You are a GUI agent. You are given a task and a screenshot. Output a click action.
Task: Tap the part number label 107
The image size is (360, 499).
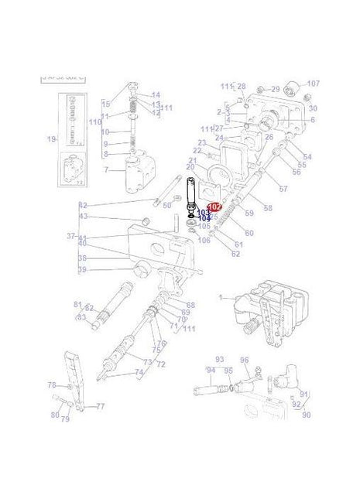tap(314, 84)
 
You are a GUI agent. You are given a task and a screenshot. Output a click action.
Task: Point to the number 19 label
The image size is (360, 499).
tap(51, 139)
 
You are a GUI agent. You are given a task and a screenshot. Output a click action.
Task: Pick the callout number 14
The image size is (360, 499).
tap(156, 95)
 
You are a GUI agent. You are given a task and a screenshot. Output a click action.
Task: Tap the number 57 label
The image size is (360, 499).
tap(283, 189)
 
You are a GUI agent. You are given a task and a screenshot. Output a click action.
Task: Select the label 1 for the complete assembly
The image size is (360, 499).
tap(220, 297)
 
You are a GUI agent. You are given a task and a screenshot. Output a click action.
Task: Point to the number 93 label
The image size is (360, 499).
tap(219, 359)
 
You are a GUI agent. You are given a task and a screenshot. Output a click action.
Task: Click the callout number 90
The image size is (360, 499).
tap(306, 415)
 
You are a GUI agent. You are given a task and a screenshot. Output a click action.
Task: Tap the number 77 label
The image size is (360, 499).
tap(100, 406)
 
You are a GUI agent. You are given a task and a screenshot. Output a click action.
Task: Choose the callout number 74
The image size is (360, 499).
tap(139, 372)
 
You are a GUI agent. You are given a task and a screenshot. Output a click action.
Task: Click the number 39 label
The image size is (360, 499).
tap(82, 269)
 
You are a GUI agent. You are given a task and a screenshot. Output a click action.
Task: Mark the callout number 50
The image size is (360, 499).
tap(166, 205)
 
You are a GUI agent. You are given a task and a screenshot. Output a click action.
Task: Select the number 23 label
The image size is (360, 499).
tap(201, 143)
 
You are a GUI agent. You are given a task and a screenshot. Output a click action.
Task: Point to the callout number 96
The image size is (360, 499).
tap(245, 360)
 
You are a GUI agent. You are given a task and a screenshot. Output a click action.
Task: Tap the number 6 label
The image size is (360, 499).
tap(312, 120)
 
